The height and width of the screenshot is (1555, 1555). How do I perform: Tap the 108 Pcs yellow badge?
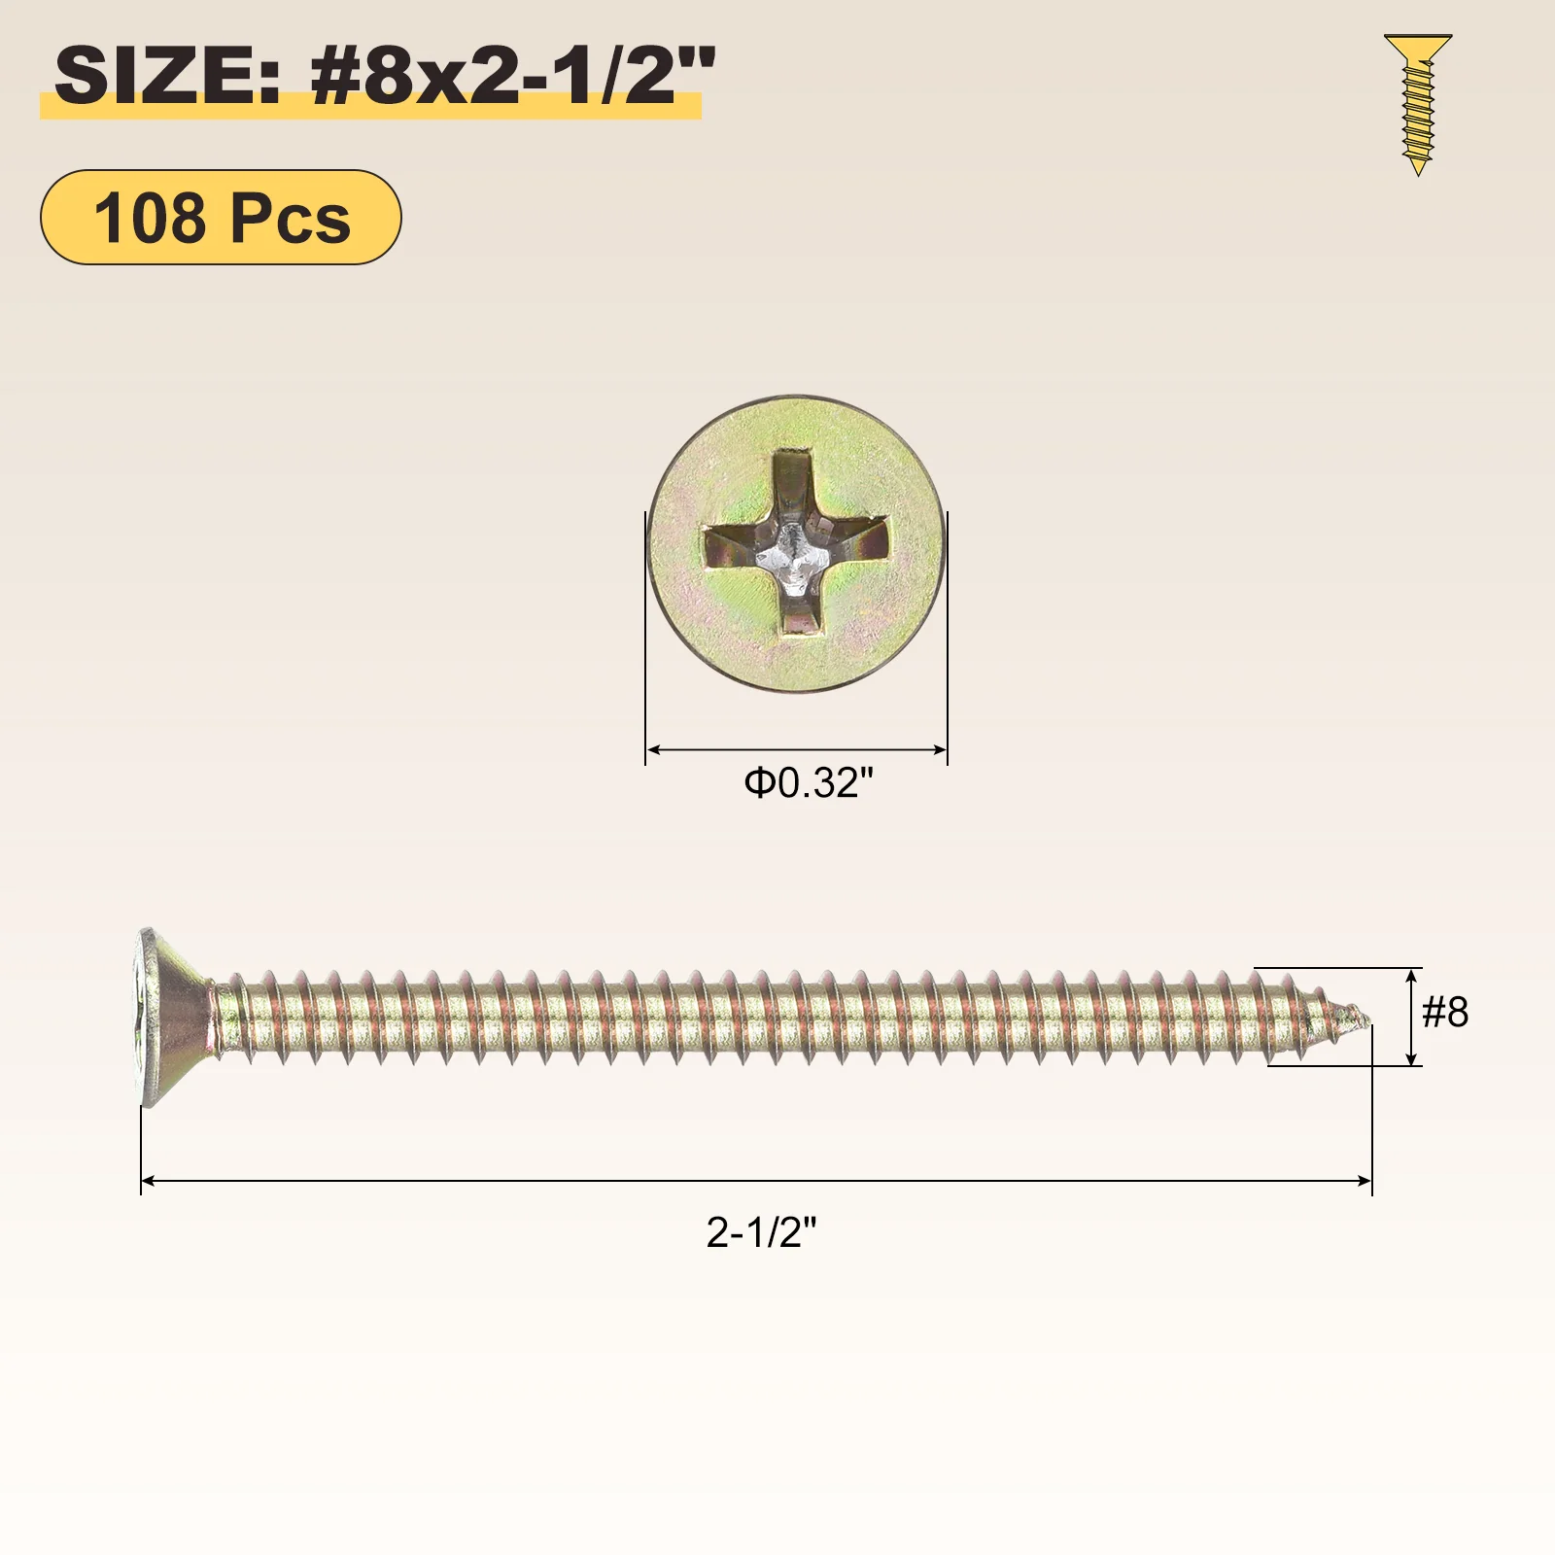221,217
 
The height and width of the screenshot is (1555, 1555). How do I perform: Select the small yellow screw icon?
1418,105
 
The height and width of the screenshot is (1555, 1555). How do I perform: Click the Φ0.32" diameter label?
809,782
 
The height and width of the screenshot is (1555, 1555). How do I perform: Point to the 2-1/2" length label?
762,1232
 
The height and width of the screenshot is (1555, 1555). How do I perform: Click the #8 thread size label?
1445,1013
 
